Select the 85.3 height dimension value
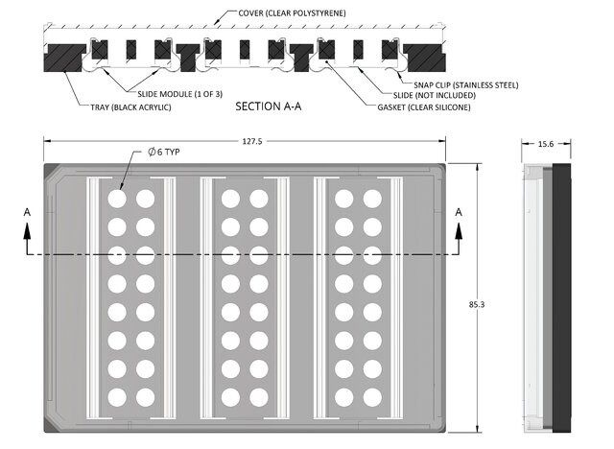tap(477, 304)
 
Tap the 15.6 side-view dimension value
tap(545, 144)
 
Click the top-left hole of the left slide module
tap(116, 199)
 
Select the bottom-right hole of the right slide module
tap(372, 396)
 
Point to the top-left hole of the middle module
tap(230, 199)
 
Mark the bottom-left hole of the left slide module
tap(116, 396)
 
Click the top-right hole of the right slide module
tap(372, 199)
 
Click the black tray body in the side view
tap(562, 297)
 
